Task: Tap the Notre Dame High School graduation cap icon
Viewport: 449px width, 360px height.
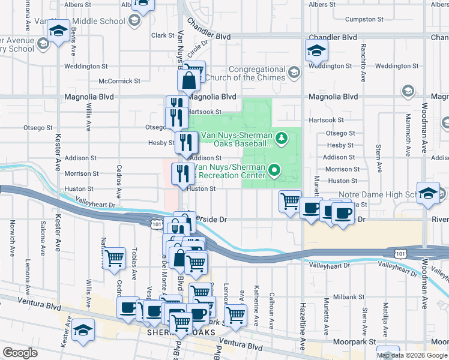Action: click(x=429, y=194)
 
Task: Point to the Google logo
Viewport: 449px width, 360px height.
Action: click(x=20, y=353)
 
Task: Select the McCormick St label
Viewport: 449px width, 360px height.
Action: click(x=119, y=80)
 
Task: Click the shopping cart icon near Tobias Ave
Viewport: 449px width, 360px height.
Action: click(x=114, y=259)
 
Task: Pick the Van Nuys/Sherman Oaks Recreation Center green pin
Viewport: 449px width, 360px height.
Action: click(x=275, y=170)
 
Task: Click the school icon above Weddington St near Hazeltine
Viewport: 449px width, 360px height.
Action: click(x=316, y=51)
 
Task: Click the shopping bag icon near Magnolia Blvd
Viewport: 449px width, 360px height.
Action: click(x=188, y=79)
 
